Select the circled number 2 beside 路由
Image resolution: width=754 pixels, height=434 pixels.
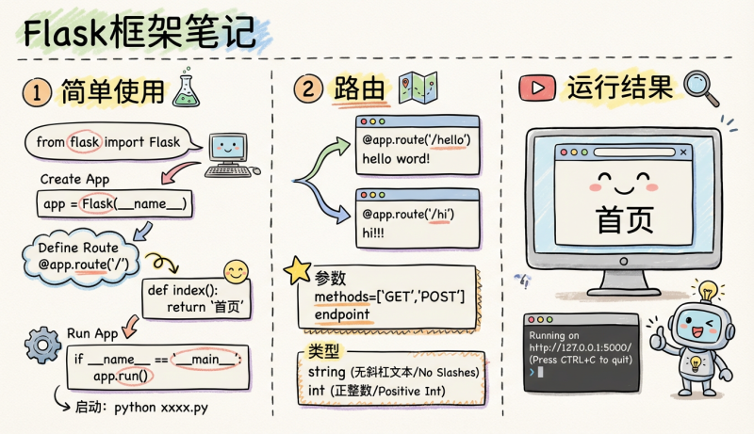click(x=307, y=90)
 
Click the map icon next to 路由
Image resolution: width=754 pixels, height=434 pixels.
click(x=414, y=88)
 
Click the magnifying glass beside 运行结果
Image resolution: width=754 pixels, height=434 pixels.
click(x=700, y=86)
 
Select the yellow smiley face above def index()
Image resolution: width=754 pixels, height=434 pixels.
click(x=236, y=271)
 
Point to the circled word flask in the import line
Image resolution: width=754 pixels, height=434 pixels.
click(x=85, y=142)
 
